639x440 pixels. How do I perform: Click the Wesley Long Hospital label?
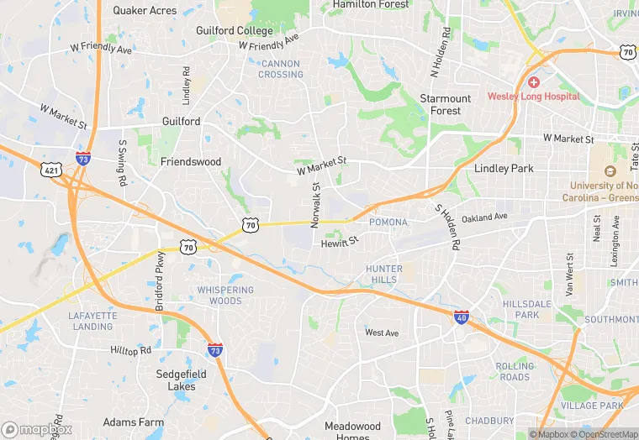533,97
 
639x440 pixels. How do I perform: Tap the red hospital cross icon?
533,82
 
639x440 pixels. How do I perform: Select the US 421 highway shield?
51,170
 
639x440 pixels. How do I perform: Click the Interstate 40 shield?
461,317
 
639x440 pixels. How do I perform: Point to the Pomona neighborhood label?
388,223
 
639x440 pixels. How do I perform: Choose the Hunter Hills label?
383,275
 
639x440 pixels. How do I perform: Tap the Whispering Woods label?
225,296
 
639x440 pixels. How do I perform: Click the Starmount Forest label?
446,105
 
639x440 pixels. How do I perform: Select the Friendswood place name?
190,161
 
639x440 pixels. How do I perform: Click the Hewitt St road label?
340,243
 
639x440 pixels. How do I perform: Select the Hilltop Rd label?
130,349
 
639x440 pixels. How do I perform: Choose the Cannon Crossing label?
281,69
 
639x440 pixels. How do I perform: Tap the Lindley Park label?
504,168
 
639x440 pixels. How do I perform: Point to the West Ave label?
382,333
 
